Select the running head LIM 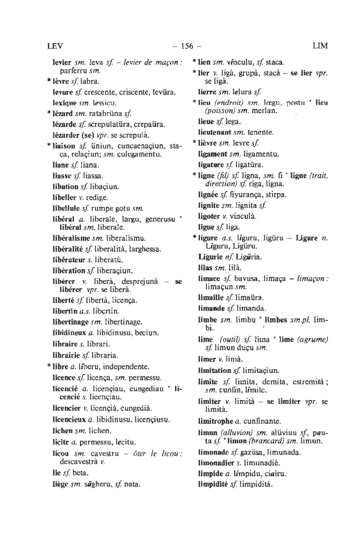(x=320, y=46)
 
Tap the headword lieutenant (x=216, y=133)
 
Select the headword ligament (x=213, y=154)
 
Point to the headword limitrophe (x=216, y=421)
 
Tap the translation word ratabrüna (x=103, y=114)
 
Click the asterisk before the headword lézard (x=49, y=113)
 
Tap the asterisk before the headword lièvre (x=194, y=143)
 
